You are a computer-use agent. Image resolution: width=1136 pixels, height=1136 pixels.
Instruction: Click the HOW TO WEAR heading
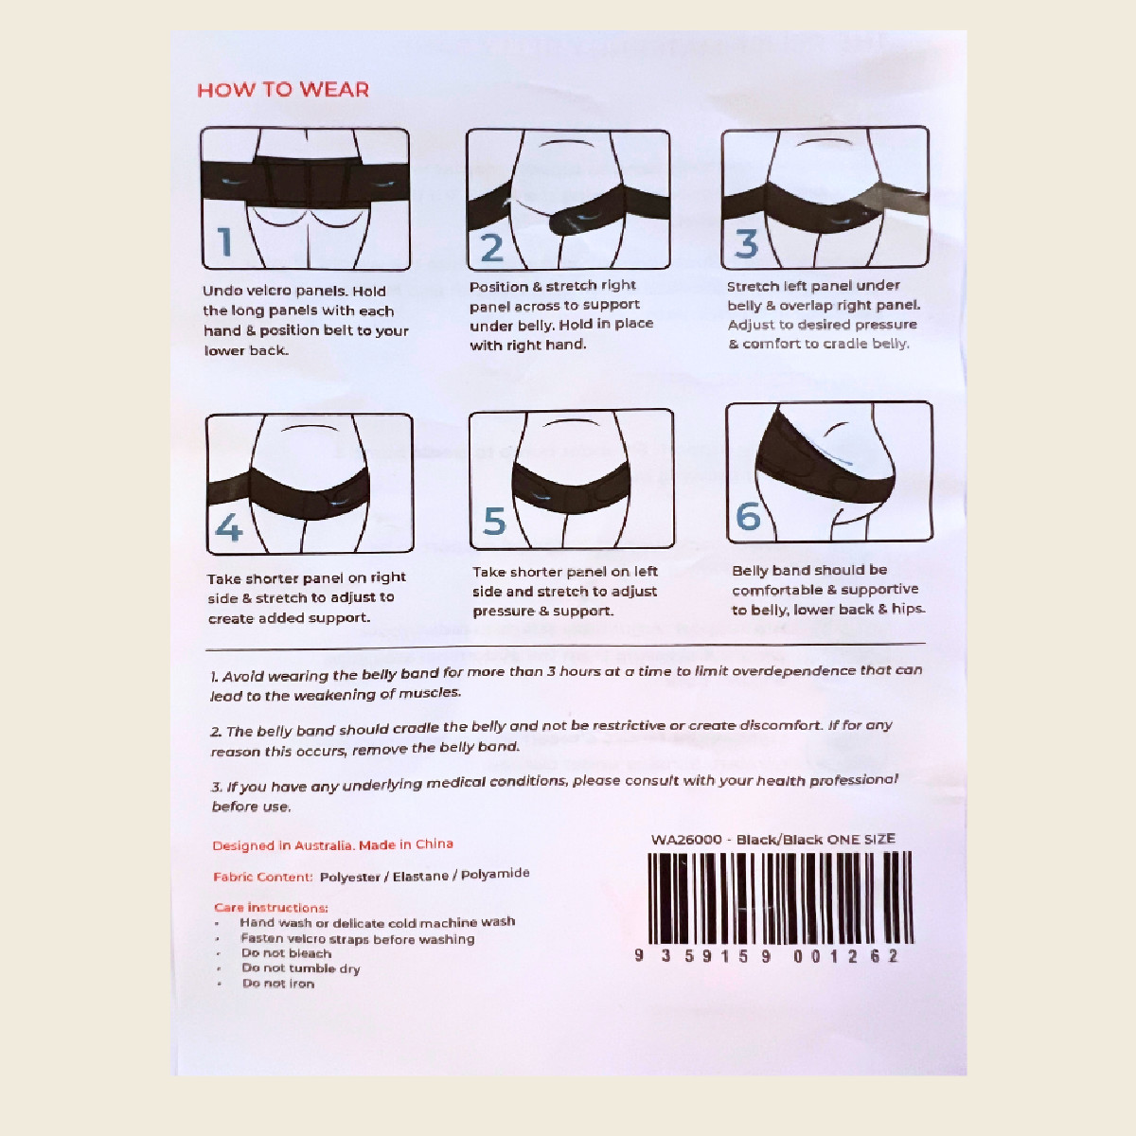point(283,90)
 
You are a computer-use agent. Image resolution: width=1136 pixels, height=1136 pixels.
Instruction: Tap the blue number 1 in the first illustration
point(225,242)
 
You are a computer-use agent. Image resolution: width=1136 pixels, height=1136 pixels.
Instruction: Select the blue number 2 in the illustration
point(491,248)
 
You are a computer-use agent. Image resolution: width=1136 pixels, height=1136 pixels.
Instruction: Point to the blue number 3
point(747,243)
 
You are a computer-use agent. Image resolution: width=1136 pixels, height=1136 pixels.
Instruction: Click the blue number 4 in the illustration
point(228,527)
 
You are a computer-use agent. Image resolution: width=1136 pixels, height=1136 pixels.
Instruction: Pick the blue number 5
point(494,522)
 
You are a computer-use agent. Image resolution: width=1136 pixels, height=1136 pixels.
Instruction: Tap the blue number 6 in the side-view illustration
point(748,517)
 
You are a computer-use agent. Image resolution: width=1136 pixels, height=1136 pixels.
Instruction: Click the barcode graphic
point(779,897)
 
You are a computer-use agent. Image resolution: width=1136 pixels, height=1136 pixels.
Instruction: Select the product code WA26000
point(686,840)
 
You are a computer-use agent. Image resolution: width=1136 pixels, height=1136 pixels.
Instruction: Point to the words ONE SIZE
point(861,839)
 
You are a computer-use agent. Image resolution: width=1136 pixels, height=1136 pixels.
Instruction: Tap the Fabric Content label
point(262,878)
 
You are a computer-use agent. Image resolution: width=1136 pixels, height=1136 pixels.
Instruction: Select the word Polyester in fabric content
point(349,877)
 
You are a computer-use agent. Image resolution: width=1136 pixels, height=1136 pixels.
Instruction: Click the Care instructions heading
point(271,907)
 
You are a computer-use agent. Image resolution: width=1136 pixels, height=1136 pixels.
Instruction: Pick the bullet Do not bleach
point(286,953)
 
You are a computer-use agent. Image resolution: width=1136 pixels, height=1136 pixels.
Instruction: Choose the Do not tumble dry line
point(300,968)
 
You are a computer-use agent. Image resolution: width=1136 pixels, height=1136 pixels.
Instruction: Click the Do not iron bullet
point(277,984)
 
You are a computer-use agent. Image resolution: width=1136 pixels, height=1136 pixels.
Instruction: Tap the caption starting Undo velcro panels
point(305,321)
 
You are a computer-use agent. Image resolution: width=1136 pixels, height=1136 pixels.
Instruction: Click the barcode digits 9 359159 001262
point(766,956)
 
